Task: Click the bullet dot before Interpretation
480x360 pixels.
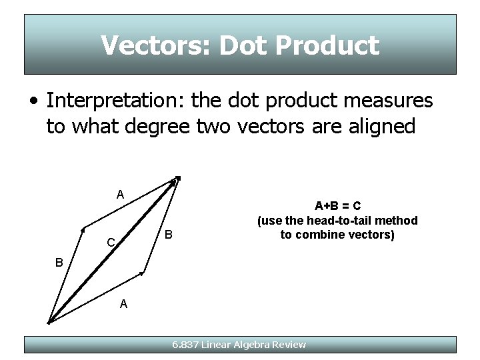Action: click(x=33, y=102)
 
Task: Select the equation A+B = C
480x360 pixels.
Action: click(x=338, y=206)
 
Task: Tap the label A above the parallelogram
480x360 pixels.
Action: click(x=120, y=195)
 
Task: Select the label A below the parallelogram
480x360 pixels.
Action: click(x=123, y=304)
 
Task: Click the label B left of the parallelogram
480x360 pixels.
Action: click(x=59, y=263)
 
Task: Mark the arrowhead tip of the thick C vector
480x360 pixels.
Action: click(x=177, y=179)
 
